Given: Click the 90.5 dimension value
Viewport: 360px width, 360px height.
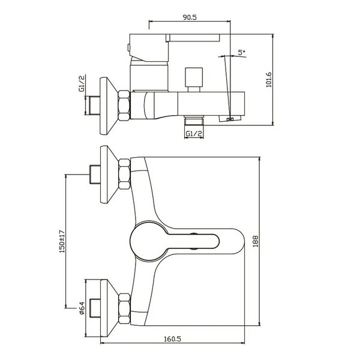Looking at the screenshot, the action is [190, 17].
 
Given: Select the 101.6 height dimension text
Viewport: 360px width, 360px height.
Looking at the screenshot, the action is [269, 80].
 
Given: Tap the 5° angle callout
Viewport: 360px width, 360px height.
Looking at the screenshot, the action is [241, 53].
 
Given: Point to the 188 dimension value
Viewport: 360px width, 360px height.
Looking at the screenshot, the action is [256, 241].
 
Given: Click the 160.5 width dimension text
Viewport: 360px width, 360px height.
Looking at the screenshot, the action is [172, 339].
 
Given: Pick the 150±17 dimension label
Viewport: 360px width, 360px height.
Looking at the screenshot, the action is [62, 241].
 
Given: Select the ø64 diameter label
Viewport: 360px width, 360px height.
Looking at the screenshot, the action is [82, 308].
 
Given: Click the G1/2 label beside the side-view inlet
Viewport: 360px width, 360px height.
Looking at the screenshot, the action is [82, 83].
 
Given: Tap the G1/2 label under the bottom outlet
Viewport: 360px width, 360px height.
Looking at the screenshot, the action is [194, 133].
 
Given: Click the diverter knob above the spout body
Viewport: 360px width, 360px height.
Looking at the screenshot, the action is [194, 80].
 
